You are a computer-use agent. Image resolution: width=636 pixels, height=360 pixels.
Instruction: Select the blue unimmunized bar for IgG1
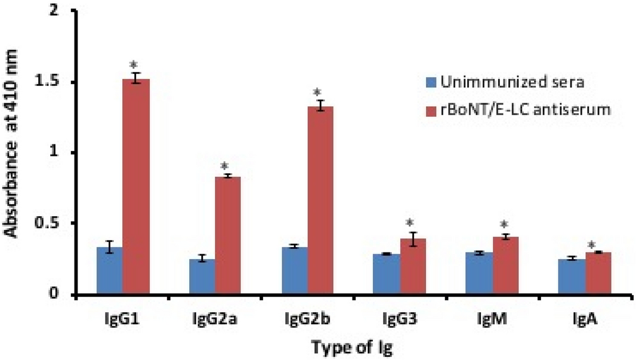tap(109, 271)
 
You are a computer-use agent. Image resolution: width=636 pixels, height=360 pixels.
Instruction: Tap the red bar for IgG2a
tap(228, 235)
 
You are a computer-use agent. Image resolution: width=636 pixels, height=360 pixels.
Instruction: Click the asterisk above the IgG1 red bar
tap(135, 64)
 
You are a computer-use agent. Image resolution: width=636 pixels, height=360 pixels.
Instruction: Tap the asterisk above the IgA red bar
tap(591, 245)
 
